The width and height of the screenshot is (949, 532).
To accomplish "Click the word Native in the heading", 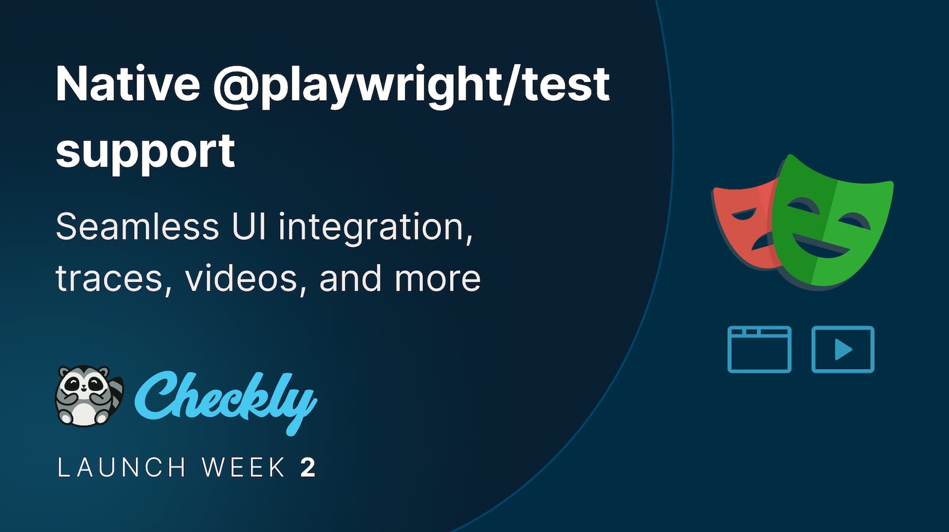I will (128, 84).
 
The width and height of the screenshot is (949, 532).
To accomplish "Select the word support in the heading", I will (145, 152).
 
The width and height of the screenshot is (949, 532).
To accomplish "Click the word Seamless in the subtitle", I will (137, 227).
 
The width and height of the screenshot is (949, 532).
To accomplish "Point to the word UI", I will (249, 227).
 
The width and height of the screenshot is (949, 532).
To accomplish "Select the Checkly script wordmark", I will (225, 399).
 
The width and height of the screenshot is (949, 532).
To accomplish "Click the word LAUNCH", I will (122, 468).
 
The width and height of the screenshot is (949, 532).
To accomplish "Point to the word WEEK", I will (244, 468).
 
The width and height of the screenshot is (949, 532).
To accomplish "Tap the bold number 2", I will (308, 468).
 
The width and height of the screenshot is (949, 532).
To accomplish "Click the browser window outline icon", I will (759, 349).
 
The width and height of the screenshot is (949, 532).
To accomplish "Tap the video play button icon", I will (842, 349).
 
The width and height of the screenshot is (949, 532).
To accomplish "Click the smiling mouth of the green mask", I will (821, 247).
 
